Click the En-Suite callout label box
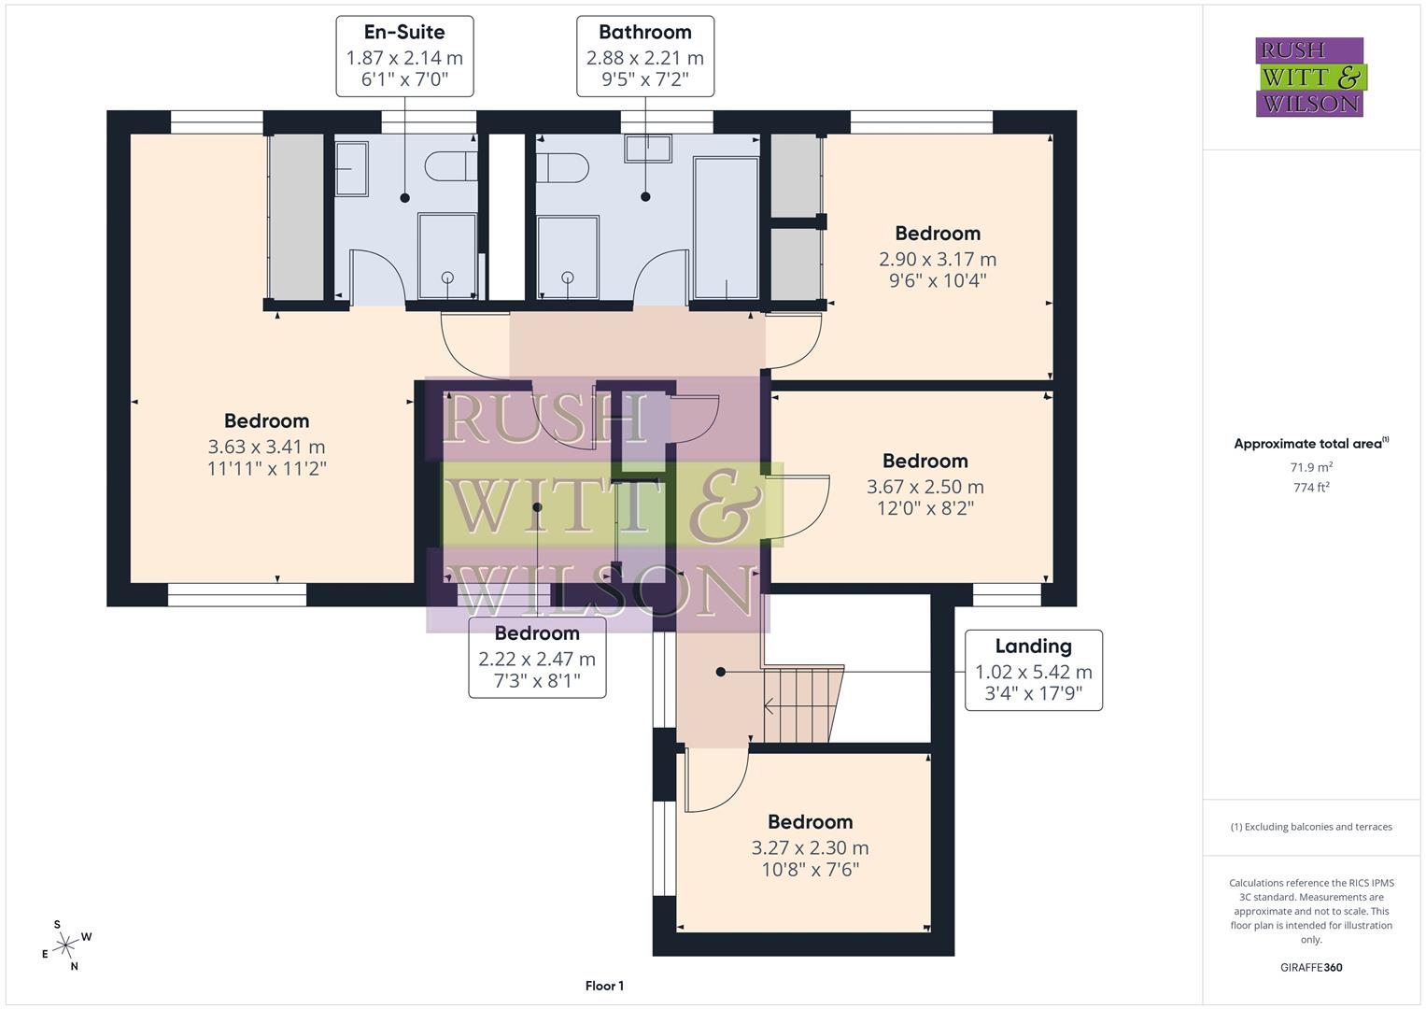[x=404, y=56]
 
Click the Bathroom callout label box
[x=644, y=56]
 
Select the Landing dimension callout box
[x=1033, y=670]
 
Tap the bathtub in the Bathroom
[x=726, y=227]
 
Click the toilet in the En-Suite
[x=450, y=166]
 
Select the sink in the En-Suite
[x=351, y=168]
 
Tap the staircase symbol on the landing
[x=801, y=703]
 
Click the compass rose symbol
[x=65, y=945]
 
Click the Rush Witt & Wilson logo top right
[x=1310, y=77]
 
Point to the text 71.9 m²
[x=1311, y=467]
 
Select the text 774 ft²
[x=1311, y=487]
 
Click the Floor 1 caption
[x=604, y=986]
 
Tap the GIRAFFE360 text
[x=1311, y=967]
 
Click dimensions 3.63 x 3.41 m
[x=266, y=447]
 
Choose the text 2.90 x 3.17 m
[x=937, y=259]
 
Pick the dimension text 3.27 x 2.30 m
[x=810, y=847]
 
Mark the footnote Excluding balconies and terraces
[x=1311, y=827]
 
